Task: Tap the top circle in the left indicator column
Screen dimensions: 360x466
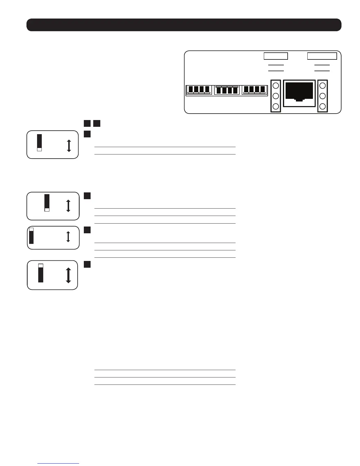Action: [x=276, y=86]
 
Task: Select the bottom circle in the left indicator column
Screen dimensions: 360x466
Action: [x=276, y=106]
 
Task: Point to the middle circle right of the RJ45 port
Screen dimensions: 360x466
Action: [x=322, y=96]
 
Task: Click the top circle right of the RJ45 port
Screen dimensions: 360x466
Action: [x=322, y=86]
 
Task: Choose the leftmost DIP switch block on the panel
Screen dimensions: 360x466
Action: [x=199, y=90]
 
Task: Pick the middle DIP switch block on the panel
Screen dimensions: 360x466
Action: [x=227, y=90]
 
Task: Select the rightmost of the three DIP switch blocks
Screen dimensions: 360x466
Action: [x=255, y=90]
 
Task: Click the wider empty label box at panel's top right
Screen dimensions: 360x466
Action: [x=322, y=56]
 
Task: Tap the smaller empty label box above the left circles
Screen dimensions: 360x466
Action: [x=275, y=56]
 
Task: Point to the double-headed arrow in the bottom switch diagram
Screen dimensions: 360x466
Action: [x=68, y=275]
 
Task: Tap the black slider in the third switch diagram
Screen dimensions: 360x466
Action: [x=31, y=236]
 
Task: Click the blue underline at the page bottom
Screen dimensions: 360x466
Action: [x=58, y=464]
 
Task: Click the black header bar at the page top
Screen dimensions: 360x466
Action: [x=184, y=25]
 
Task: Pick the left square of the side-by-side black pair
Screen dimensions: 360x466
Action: [x=87, y=123]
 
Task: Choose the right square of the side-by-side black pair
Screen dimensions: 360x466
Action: [x=97, y=123]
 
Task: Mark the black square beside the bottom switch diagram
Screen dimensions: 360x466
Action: [x=87, y=264]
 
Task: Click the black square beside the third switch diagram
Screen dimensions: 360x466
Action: [x=87, y=230]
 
